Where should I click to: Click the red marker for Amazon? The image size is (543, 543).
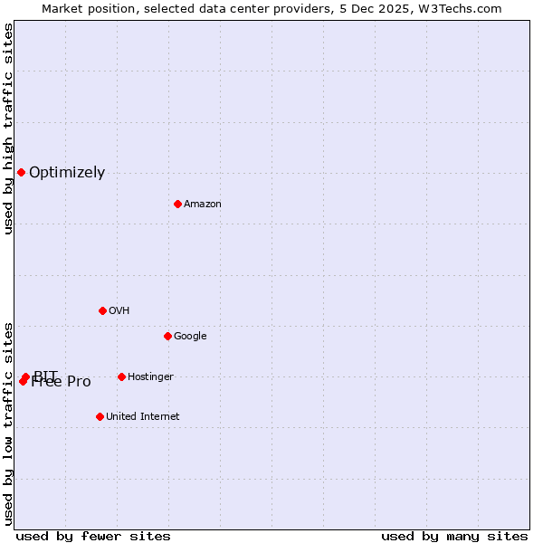tap(177, 204)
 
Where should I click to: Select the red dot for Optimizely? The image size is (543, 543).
tap(21, 172)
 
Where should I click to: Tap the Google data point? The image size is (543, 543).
tap(167, 336)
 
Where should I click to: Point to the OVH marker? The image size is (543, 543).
tap(102, 310)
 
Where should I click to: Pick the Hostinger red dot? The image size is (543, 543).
tap(121, 376)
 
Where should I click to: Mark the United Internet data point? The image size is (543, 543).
tap(100, 416)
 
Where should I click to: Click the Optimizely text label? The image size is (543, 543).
tap(67, 173)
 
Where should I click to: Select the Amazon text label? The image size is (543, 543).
tap(203, 205)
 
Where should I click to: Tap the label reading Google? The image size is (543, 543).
tap(190, 337)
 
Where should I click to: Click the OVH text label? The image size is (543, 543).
tap(119, 311)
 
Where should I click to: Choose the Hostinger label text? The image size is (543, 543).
tap(150, 377)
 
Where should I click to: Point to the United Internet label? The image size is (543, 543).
tap(142, 417)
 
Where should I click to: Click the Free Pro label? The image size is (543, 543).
tap(62, 383)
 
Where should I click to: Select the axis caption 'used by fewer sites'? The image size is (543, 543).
tap(93, 536)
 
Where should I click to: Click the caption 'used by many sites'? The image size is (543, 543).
tap(454, 536)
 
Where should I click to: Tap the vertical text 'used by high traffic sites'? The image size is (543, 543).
tap(8, 129)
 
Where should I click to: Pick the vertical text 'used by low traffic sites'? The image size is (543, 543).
tap(8, 423)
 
